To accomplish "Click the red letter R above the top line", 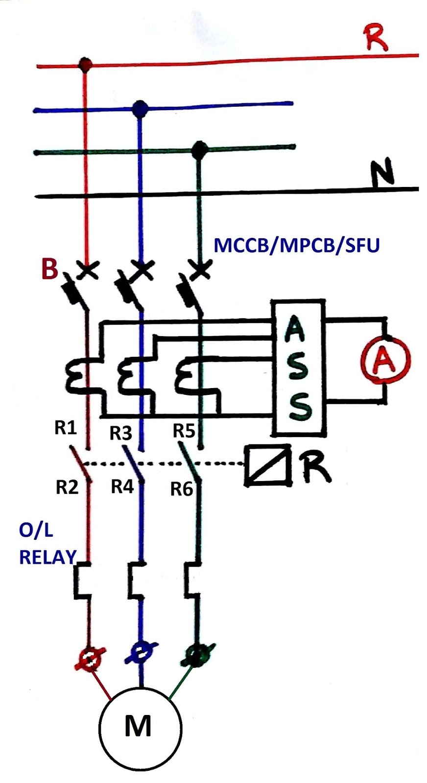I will coord(376,39).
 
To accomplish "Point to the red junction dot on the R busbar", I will coord(86,64).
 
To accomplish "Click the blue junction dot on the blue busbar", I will coord(141,108).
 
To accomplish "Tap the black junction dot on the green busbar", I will coord(199,149).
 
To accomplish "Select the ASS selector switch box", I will coord(298,368).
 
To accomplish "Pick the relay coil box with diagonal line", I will coord(267,465).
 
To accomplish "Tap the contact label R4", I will coord(122,486).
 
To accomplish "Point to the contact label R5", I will coord(184,431).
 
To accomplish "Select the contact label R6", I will coord(182,489).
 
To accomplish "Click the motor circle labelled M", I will coord(140,726).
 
